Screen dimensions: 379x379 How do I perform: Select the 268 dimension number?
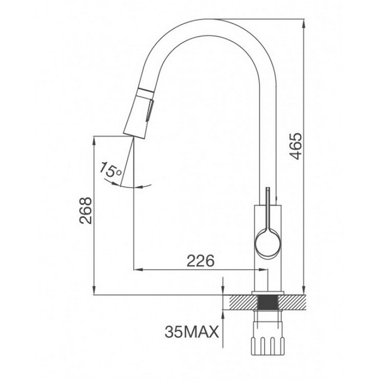tap(86, 213)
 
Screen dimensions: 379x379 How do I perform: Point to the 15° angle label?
tap(110, 169)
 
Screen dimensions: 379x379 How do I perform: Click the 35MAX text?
tap(191, 330)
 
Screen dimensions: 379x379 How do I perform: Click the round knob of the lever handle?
tap(267, 243)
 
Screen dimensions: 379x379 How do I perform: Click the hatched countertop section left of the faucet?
tap(241, 303)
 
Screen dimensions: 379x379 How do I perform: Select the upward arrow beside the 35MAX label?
tap(223, 316)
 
